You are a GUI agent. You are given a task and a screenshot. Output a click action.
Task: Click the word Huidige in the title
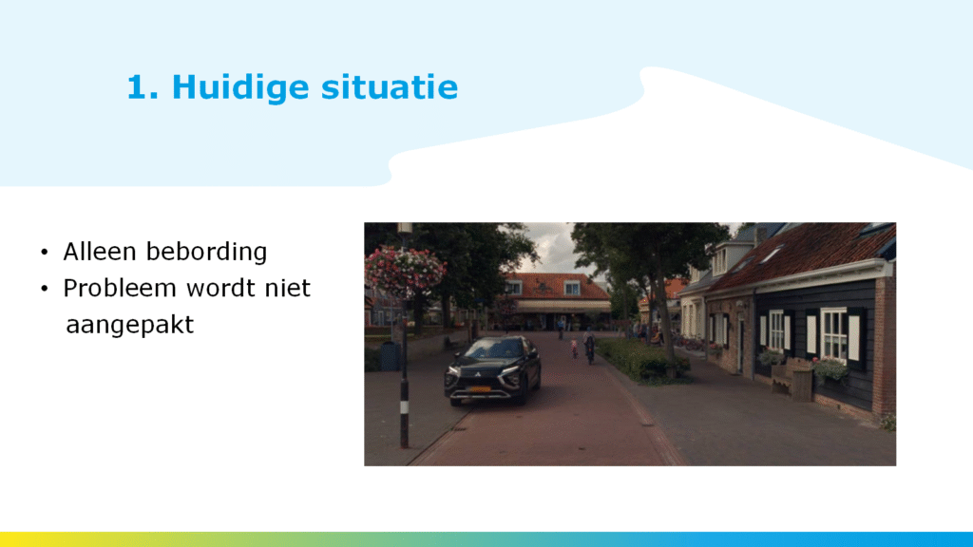pyautogui.click(x=239, y=87)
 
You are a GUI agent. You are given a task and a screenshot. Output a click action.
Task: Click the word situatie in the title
pyautogui.click(x=390, y=86)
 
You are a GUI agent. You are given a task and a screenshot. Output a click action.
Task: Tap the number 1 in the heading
pyautogui.click(x=138, y=86)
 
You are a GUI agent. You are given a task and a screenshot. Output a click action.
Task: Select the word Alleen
pyautogui.click(x=99, y=251)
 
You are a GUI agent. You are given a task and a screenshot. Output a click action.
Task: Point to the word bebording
pyautogui.click(x=206, y=252)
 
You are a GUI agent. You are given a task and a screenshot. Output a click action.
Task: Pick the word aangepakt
pyautogui.click(x=129, y=325)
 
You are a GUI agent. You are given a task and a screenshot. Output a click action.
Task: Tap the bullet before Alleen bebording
pyautogui.click(x=44, y=253)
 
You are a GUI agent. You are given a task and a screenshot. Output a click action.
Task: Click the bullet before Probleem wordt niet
pyautogui.click(x=44, y=289)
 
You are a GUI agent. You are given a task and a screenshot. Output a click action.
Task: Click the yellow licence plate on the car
pyautogui.click(x=479, y=389)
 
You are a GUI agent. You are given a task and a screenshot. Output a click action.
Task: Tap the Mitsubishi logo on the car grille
pyautogui.click(x=478, y=374)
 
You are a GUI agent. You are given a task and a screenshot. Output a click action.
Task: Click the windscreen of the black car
pyautogui.click(x=494, y=349)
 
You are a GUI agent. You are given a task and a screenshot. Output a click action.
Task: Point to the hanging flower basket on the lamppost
pyautogui.click(x=405, y=271)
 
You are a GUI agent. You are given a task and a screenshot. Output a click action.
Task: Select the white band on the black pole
pyautogui.click(x=404, y=408)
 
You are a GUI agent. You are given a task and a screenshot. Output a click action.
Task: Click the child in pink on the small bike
pyautogui.click(x=574, y=349)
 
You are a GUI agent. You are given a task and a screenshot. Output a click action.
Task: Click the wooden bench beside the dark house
pyautogui.click(x=792, y=377)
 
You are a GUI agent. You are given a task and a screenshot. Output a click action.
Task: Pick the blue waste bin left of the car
pyautogui.click(x=391, y=356)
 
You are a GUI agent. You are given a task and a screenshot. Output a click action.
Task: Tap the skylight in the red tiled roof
pyautogui.click(x=772, y=254)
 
